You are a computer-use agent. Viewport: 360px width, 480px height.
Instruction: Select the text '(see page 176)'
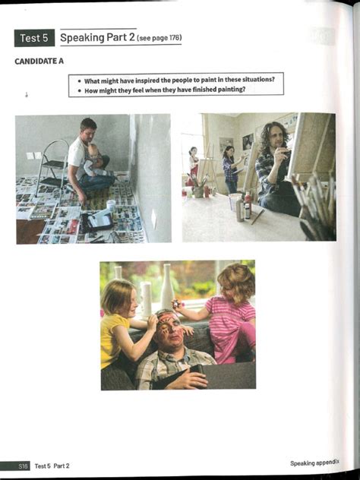(x=159, y=38)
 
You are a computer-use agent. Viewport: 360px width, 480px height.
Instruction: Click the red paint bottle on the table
(x=248, y=206)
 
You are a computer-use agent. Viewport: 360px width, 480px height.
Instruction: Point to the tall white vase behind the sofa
(x=166, y=286)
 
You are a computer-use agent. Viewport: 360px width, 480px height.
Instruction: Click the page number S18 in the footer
(x=24, y=465)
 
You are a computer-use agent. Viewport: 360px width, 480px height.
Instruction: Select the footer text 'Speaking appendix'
(x=314, y=463)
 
